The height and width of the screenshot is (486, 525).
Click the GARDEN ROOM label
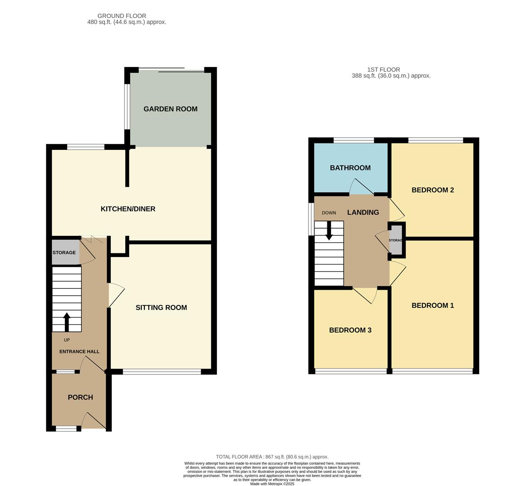[x=171, y=109]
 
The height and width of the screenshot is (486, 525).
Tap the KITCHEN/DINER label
[x=128, y=209]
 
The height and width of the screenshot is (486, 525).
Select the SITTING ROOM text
[x=161, y=308]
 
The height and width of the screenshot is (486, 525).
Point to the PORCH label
[x=80, y=397]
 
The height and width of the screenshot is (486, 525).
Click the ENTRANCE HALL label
[x=79, y=351]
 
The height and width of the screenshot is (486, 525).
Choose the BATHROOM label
[x=350, y=168]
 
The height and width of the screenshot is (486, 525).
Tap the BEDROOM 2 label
[x=433, y=190]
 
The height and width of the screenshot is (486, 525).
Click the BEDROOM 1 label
[x=433, y=305]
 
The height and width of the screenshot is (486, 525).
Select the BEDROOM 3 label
[x=350, y=330]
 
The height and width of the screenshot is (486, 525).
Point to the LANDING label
[x=363, y=212]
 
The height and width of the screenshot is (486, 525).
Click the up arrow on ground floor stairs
[x=67, y=322]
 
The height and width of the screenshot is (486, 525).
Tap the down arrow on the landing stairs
[x=329, y=230]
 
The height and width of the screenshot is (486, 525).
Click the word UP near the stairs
[x=67, y=340]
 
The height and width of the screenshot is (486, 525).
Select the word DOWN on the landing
[x=329, y=212]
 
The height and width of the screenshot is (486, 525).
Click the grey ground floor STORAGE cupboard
[x=66, y=252]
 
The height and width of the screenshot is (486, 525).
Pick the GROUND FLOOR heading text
[x=122, y=16]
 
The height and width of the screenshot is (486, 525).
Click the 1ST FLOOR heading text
[x=383, y=70]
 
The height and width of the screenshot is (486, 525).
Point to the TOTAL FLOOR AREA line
[x=272, y=457]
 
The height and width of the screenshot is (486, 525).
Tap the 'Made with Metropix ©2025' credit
[x=272, y=484]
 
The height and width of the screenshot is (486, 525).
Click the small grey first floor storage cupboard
[x=396, y=240]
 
